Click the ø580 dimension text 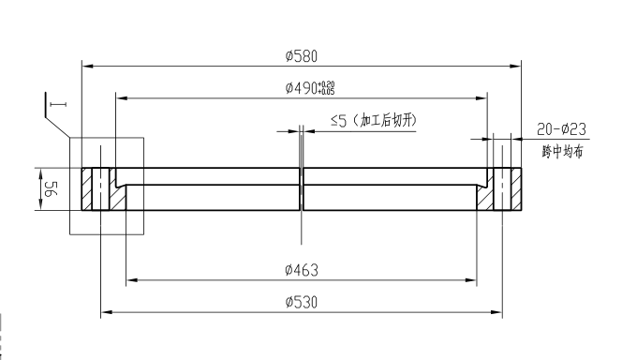coord(301,56)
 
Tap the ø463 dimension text coord(301,270)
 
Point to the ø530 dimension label coord(301,302)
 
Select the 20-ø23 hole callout coord(561,129)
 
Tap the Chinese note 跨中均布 coord(561,152)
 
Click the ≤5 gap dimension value coord(339,120)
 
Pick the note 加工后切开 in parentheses coord(383,120)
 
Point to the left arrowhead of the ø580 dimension coord(85,66)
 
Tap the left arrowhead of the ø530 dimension coord(104,312)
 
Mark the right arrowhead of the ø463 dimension coord(474,279)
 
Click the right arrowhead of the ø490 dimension coord(484,97)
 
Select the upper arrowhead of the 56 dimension coord(38,172)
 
